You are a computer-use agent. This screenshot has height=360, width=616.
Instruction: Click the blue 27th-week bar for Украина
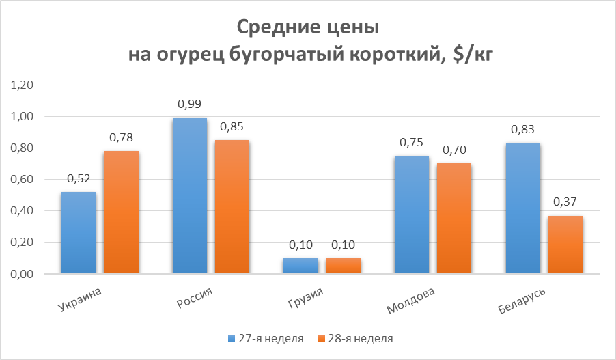78,232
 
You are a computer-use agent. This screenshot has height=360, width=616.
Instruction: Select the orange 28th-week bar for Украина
121,212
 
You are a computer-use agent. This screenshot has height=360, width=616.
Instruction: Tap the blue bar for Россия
189,195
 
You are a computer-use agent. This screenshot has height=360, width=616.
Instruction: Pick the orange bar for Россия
232,206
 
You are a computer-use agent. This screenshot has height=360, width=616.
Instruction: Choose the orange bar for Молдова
455,218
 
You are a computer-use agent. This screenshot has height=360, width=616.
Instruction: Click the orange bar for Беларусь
565,245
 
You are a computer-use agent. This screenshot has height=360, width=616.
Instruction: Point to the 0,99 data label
189,105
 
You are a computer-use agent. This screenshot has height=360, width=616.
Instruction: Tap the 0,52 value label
78,178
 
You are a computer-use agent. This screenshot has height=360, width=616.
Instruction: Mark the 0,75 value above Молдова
412,142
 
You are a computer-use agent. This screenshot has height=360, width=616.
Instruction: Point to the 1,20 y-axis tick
22,85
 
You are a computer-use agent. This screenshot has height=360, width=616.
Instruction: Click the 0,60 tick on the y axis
22,180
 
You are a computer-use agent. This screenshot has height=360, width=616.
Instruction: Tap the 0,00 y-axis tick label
22,274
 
